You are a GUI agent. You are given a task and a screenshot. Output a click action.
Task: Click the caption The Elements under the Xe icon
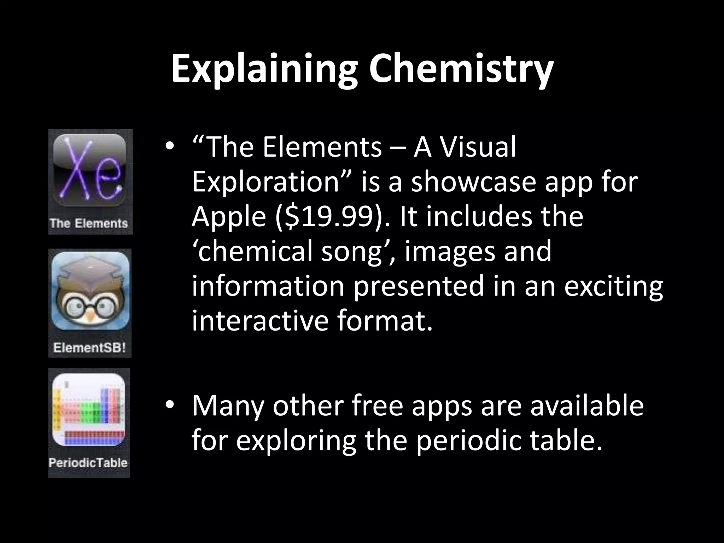click(89, 223)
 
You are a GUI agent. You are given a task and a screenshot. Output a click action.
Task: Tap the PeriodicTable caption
click(88, 463)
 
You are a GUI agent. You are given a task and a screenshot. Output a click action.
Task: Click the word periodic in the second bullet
click(468, 441)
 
